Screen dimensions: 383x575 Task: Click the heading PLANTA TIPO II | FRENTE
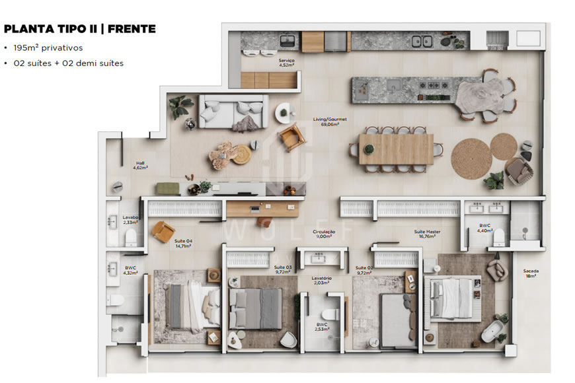click(79, 28)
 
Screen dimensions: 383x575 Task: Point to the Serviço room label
click(286, 63)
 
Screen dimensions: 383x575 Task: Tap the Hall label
click(141, 165)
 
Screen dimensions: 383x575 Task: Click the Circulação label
click(324, 234)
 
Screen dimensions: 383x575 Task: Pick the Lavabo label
click(130, 219)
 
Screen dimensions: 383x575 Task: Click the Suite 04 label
click(183, 244)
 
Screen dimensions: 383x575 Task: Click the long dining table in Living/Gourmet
click(396, 149)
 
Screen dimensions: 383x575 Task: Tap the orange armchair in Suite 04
click(162, 231)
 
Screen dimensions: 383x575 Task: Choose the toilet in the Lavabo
click(130, 236)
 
